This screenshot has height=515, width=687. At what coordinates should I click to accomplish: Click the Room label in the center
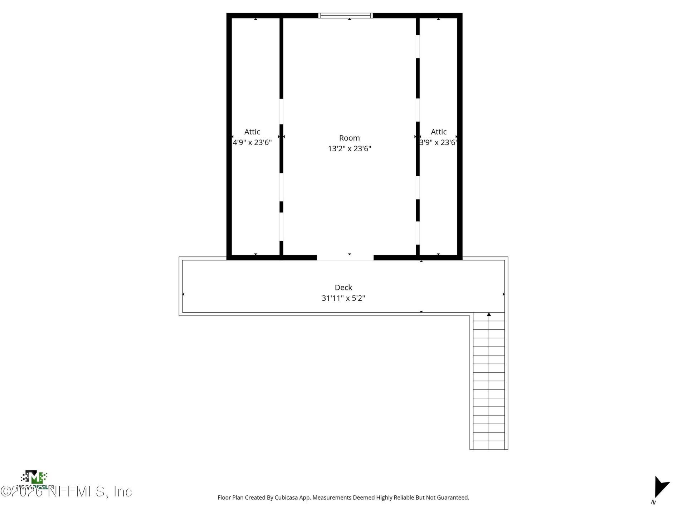coord(349,138)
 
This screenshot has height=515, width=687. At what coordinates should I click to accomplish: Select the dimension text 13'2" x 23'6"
coord(349,148)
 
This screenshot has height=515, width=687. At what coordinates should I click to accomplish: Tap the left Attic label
coord(252,132)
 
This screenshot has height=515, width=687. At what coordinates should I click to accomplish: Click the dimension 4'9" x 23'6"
coord(252,142)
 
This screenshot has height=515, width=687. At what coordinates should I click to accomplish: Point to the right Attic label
coord(438,132)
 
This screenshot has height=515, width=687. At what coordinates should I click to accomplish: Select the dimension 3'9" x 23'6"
coord(438,142)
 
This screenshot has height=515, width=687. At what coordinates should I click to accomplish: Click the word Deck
coord(343,288)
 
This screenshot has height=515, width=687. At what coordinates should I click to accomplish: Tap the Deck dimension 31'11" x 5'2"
coord(343,298)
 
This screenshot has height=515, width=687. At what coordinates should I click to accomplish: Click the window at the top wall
coord(345,15)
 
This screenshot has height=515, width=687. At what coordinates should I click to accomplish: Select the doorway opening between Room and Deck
coord(345,257)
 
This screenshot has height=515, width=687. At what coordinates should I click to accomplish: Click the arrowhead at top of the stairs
coord(489,314)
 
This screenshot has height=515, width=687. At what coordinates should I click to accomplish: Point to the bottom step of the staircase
coord(489,445)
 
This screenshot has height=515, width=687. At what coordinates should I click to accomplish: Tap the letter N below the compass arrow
coord(653,502)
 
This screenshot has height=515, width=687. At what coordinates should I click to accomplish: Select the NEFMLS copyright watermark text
coord(66,492)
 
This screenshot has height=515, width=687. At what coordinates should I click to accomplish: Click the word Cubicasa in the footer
coord(286,497)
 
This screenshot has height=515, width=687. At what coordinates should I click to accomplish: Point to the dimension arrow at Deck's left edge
coord(184,294)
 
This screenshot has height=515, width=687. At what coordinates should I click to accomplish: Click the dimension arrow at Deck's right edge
coord(503,294)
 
